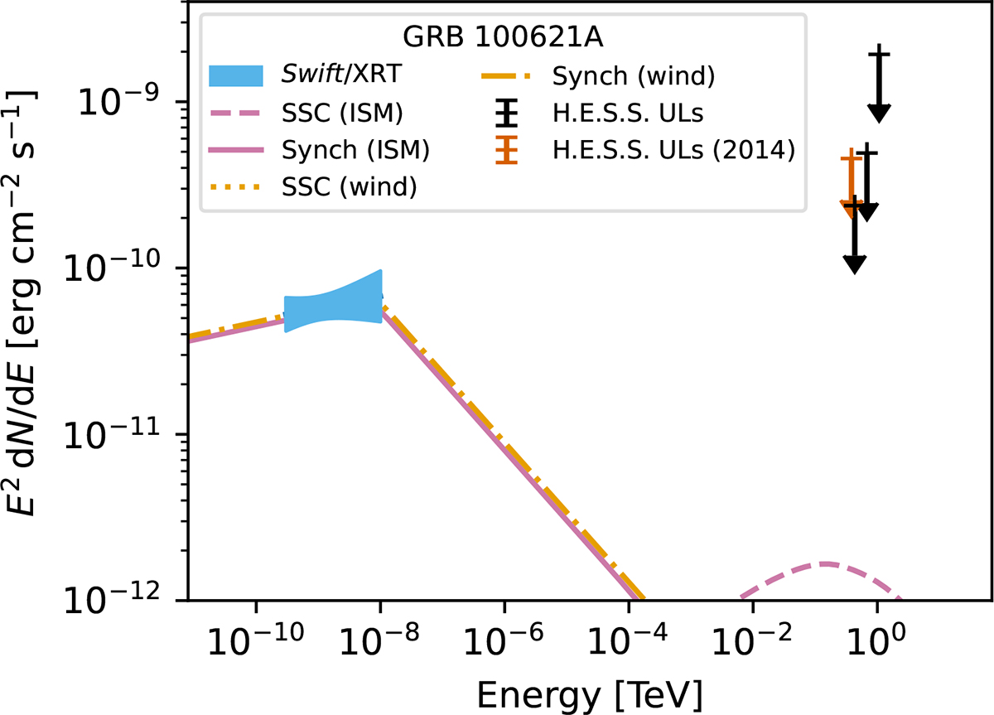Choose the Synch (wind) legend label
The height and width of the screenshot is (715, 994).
(632, 76)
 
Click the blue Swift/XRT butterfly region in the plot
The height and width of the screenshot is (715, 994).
(333, 307)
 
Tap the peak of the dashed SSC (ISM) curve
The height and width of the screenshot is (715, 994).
(824, 564)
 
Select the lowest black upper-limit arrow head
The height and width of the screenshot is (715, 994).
(855, 263)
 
